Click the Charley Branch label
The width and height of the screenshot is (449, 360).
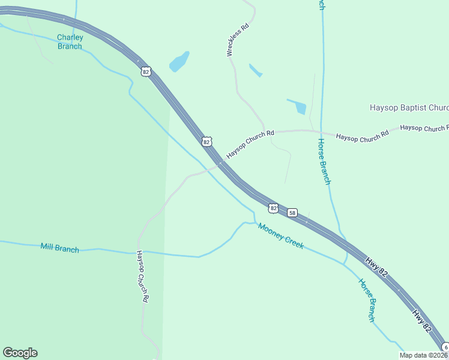pos(70,41)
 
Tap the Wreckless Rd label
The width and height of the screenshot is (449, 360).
pos(237,40)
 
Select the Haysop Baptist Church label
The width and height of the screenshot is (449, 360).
pos(408,108)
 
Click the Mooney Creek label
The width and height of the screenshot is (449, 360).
pos(280,236)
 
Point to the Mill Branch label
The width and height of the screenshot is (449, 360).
pos(59,248)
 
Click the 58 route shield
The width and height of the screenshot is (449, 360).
pos(292,213)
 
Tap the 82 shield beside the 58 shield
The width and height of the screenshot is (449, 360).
pos(274,208)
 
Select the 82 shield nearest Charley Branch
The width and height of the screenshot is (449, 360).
pos(146,72)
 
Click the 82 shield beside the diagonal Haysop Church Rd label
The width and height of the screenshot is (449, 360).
pos(206,142)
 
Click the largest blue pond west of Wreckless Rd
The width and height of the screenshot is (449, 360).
pos(179,61)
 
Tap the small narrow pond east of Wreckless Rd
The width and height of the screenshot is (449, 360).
pos(256,70)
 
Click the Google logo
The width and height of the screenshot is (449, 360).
pos(20,353)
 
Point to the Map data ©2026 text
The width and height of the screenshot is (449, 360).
pos(424,355)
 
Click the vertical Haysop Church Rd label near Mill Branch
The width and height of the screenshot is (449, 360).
pos(142,275)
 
